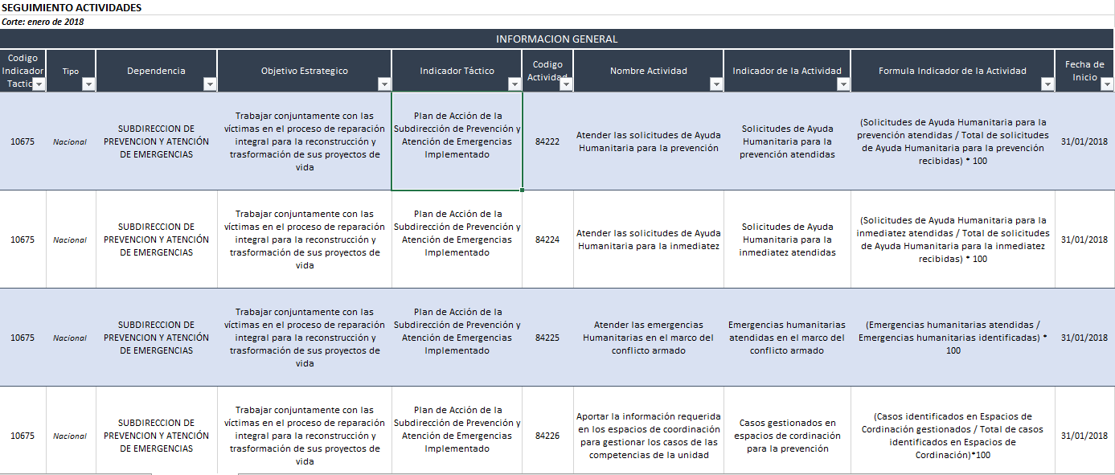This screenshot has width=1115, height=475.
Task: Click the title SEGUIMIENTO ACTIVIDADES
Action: [x=72, y=7]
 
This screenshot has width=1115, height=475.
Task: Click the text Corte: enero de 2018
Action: [x=43, y=22]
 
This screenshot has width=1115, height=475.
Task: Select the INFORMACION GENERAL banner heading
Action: [x=556, y=39]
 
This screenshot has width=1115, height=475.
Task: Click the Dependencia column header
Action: [x=156, y=71]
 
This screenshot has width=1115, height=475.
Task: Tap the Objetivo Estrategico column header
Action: [x=304, y=71]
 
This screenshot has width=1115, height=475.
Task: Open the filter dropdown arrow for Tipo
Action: [x=88, y=84]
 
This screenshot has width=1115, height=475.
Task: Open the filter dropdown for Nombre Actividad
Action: [x=716, y=84]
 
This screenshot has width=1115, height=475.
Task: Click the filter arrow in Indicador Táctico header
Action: [x=514, y=84]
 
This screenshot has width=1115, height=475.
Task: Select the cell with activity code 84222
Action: [x=547, y=141]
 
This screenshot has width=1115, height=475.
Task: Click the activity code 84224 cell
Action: [x=547, y=240]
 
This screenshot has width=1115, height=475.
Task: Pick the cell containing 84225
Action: [x=547, y=338]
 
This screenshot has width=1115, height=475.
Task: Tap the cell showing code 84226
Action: [x=547, y=436]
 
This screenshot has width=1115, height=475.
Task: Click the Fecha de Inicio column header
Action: [x=1084, y=71]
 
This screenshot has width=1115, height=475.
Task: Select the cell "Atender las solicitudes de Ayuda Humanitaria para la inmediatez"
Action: [x=649, y=240]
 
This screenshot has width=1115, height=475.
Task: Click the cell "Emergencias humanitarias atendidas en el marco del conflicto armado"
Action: [x=787, y=338]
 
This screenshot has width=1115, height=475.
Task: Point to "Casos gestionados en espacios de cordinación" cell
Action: [x=787, y=436]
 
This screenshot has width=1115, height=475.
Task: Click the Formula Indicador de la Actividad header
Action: [x=953, y=71]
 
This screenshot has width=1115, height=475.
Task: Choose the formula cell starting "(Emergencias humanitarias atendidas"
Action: [x=953, y=338]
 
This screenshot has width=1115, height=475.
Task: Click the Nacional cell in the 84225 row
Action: [x=70, y=338]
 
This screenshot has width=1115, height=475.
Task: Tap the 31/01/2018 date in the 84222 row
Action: [x=1084, y=141]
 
